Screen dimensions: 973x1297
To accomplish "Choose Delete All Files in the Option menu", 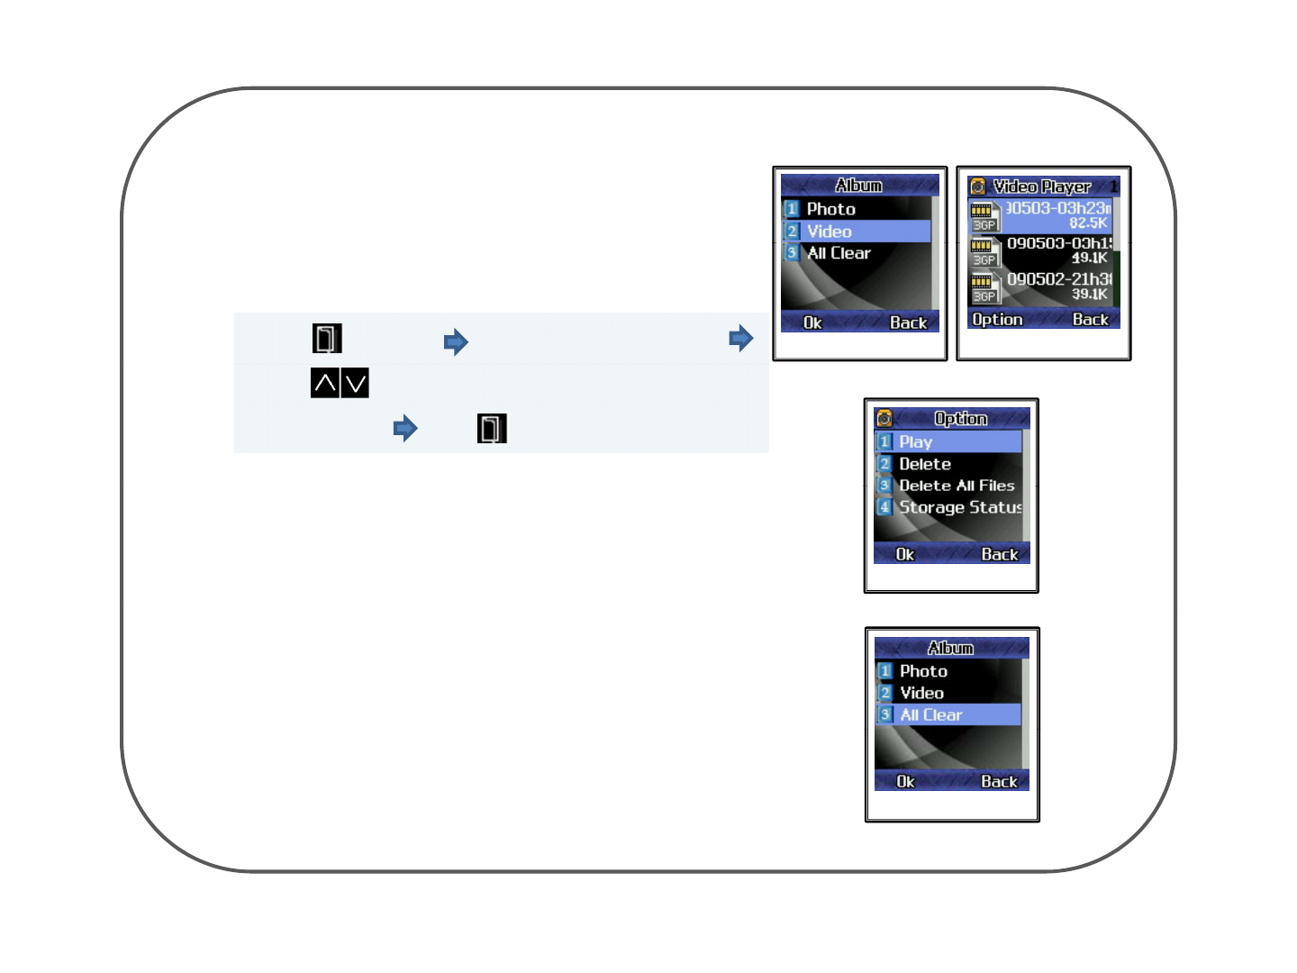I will tap(957, 486).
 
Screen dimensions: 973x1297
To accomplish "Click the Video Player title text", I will tap(1041, 186).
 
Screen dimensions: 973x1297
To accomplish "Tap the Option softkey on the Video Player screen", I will tap(997, 320).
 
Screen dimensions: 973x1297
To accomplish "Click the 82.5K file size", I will tap(1088, 223).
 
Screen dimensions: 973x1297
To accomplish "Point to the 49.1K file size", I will tap(1089, 258).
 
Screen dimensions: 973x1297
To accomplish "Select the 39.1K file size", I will tap(1089, 294).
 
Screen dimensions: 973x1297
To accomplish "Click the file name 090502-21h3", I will tap(1059, 279).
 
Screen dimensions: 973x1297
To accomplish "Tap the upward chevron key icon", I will tap(325, 383).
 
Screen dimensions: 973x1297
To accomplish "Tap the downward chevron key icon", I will tap(356, 383).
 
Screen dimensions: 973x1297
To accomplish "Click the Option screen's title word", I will tap(960, 419).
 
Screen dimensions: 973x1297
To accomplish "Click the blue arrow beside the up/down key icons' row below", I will tap(405, 428).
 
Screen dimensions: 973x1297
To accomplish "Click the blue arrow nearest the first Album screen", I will tap(741, 339).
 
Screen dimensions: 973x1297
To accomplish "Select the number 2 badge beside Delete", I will tap(884, 464).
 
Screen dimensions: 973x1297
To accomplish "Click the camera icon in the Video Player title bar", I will tap(978, 186).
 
